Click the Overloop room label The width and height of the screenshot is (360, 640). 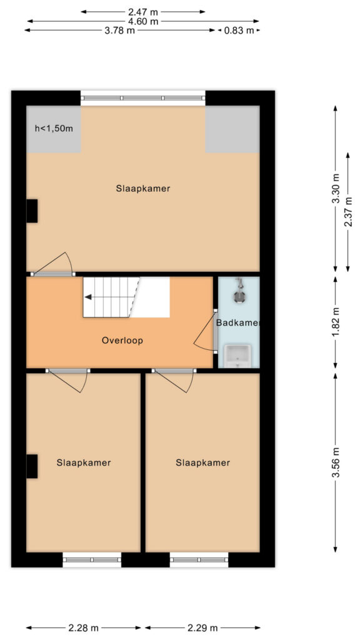coord(122,341)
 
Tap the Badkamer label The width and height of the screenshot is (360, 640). coord(238,323)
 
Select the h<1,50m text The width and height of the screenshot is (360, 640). coord(54,129)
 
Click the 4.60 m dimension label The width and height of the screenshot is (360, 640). coord(143,21)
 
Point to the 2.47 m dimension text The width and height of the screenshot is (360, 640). coord(142,12)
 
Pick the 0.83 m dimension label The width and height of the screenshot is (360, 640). coord(239,30)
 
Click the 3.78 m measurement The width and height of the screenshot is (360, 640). coord(119,30)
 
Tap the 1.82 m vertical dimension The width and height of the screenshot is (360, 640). coord(336,322)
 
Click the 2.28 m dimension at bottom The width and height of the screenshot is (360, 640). coord(83,627)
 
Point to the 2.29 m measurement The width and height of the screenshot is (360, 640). coord(203,627)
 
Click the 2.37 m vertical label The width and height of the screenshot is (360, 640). coord(347,212)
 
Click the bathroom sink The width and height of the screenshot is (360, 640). coord(237,356)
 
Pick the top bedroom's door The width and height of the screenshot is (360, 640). coord(52,264)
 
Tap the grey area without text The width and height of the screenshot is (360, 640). coord(232,129)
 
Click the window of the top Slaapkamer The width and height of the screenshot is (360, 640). coord(143,98)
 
